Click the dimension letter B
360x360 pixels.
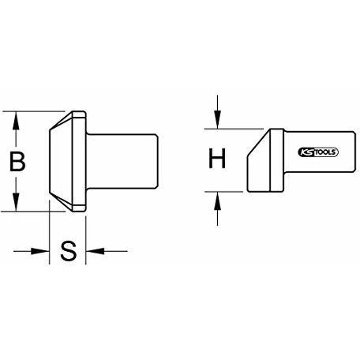pyautogui.click(x=17, y=161)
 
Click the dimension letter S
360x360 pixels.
pyautogui.click(x=69, y=251)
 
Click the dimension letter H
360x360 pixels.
pyautogui.click(x=217, y=158)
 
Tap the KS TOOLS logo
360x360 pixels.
pyautogui.click(x=318, y=152)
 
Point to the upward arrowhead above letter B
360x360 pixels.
pyautogui.click(x=16, y=120)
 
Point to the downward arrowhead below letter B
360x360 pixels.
pyautogui.click(x=16, y=202)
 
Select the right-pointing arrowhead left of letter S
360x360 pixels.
pyautogui.click(x=40, y=251)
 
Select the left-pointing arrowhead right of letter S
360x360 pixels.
pyautogui.click(x=95, y=251)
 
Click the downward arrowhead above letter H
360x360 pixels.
pyautogui.click(x=217, y=120)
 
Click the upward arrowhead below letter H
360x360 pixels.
pyautogui.click(x=217, y=201)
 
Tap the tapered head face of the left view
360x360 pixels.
pyautogui.click(x=61, y=161)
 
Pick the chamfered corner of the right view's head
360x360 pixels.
pyautogui.click(x=258, y=143)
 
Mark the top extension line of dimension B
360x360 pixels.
pyautogui.click(x=34, y=111)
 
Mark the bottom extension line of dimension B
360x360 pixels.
pyautogui.click(x=33, y=211)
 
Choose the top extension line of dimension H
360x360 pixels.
pyautogui.click(x=234, y=129)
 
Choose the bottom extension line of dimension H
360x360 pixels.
pyautogui.click(x=224, y=192)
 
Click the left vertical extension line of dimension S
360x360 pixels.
pyautogui.click(x=50, y=232)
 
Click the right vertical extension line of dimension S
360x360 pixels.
pyautogui.click(x=86, y=240)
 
